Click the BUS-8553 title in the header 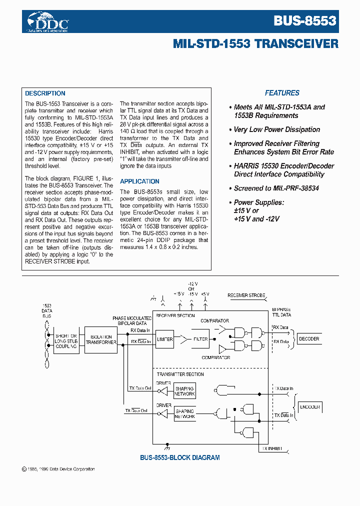coord(304,20)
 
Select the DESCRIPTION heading coord(45,93)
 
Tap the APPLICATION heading coord(139,181)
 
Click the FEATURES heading coord(282,93)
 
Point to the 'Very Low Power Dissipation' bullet coord(276,129)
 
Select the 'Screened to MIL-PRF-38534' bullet coord(276,188)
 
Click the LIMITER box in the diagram coord(164,339)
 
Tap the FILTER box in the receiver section coord(200,339)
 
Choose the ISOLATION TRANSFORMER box coord(101,340)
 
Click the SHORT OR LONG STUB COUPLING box coord(66,340)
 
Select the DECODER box coord(308,339)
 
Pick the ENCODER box coord(309,407)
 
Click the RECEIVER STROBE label coord(246,295)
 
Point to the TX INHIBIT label coord(272,448)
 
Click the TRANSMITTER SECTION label coord(180,374)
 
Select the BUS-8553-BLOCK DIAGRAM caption coord(179,457)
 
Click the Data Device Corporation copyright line coord(58,469)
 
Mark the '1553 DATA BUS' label coord(46,310)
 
